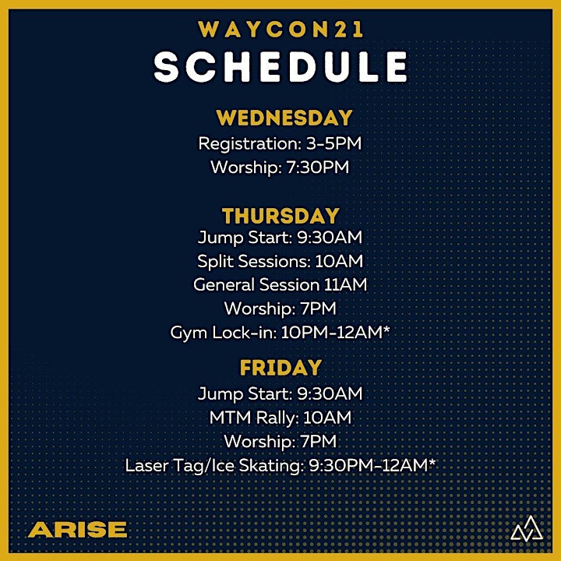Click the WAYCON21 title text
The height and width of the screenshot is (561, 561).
click(280, 29)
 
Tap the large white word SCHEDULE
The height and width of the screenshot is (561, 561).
click(280, 66)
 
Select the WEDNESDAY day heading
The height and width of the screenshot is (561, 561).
click(284, 118)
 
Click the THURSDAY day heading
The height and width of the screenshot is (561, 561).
click(280, 216)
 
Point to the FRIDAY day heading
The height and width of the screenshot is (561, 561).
click(280, 368)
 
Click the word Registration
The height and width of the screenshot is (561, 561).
click(249, 144)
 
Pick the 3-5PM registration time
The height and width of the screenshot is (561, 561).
click(333, 143)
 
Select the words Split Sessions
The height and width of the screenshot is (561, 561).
click(253, 261)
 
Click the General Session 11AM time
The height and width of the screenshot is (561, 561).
click(346, 285)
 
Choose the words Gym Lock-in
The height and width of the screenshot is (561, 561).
click(223, 333)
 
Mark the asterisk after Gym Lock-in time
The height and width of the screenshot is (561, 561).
click(386, 329)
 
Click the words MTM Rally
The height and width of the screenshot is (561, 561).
click(254, 418)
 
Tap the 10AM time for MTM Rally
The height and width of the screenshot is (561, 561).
click(327, 418)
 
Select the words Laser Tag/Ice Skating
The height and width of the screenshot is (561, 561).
click(214, 465)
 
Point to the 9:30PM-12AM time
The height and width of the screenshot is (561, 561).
click(369, 465)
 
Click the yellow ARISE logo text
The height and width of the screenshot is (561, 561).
click(78, 530)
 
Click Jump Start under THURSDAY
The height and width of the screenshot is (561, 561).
click(245, 238)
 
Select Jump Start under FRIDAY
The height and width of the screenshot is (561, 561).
click(245, 393)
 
